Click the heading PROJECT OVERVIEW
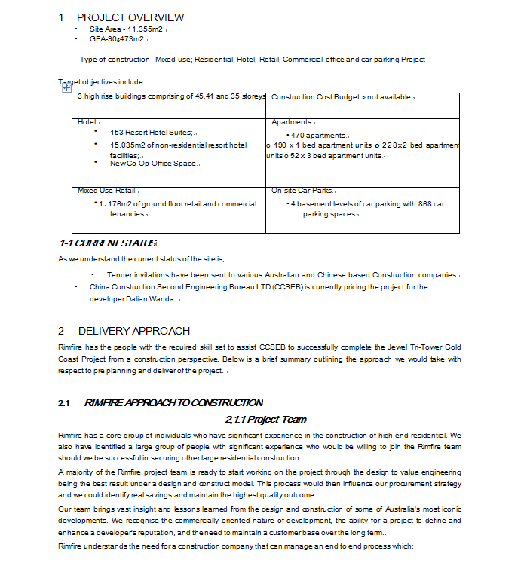130,17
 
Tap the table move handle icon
66,88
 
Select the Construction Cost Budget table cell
342,97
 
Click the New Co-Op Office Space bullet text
153,164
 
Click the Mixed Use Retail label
106,191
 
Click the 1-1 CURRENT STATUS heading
107,243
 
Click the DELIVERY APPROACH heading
133,331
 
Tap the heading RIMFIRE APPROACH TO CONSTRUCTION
173,402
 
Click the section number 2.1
64,402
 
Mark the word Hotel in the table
87,121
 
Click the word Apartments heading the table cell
291,121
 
